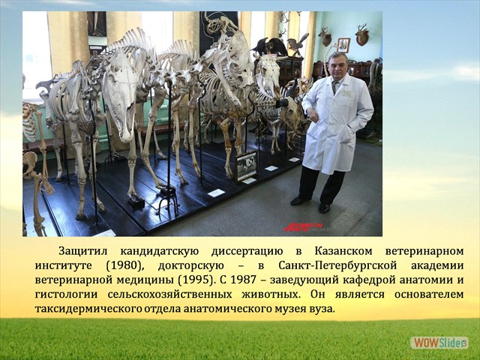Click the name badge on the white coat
(346, 93)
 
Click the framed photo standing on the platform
(246, 165)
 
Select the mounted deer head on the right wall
(362, 34)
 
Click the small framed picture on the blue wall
(343, 44)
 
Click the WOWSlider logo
(439, 342)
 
